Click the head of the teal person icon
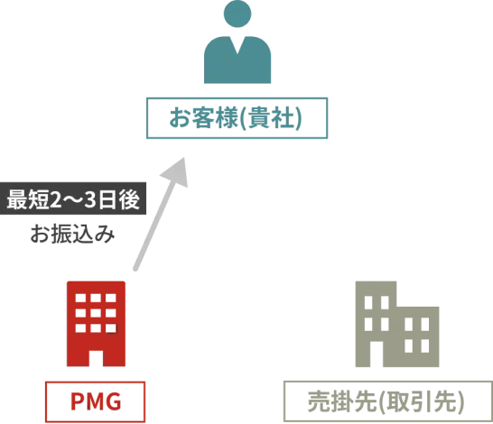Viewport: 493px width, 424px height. point(237,14)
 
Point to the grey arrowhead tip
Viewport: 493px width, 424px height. point(184,158)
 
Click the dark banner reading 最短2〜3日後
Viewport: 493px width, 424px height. point(73,198)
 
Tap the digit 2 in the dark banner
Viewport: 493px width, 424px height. point(56,199)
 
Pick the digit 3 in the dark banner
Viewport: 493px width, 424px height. point(90,199)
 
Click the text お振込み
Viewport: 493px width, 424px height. point(72,234)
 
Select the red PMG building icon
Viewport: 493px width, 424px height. point(96,324)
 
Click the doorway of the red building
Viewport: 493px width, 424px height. point(96,358)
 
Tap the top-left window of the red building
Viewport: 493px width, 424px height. point(80,298)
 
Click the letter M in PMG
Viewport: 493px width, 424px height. point(96,401)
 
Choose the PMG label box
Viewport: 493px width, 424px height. point(96,402)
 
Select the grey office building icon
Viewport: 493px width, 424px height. point(397,324)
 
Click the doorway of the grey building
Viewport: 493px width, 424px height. point(377,354)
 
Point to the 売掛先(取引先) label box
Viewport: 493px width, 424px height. point(388,401)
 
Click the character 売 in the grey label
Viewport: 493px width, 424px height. point(319,401)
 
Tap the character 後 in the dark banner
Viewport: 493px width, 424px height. point(129,199)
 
